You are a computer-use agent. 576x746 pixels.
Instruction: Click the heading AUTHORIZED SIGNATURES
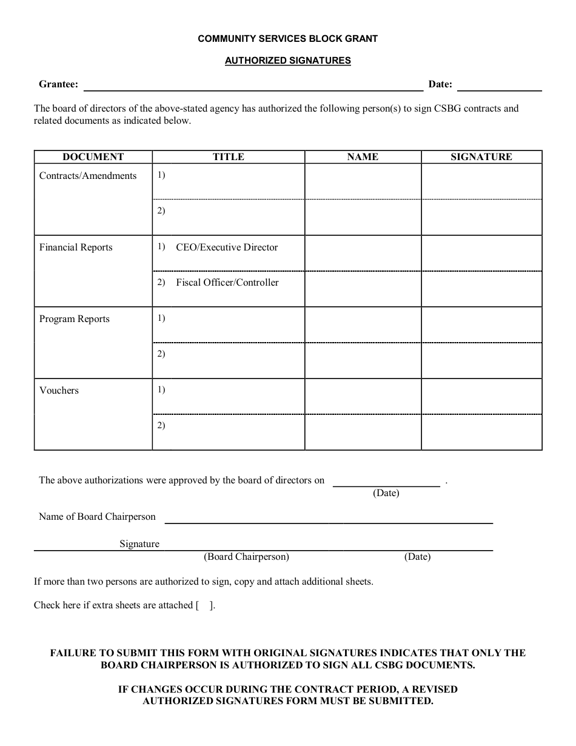click(287, 61)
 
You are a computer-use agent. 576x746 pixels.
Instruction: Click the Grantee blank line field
click(253, 86)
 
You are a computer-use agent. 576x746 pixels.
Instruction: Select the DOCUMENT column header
click(93, 157)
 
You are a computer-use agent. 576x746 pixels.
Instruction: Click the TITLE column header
click(228, 157)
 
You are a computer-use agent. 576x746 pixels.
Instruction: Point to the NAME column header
click(363, 157)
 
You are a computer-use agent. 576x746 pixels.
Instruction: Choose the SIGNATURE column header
click(481, 157)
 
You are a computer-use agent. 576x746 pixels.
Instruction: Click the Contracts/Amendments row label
click(88, 176)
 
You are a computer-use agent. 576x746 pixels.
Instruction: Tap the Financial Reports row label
click(76, 247)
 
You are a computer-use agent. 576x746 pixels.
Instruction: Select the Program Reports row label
click(75, 319)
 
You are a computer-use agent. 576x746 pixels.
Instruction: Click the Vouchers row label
click(59, 391)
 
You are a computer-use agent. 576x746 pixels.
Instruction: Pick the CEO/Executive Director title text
click(227, 247)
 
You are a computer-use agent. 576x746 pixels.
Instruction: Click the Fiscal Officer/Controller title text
click(227, 283)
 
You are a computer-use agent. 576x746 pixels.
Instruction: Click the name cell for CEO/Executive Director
click(363, 253)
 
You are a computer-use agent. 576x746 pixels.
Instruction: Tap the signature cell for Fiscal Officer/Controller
click(481, 289)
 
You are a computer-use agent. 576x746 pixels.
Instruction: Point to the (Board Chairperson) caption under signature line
click(246, 557)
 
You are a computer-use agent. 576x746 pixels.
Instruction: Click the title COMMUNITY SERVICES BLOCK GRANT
click(287, 39)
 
